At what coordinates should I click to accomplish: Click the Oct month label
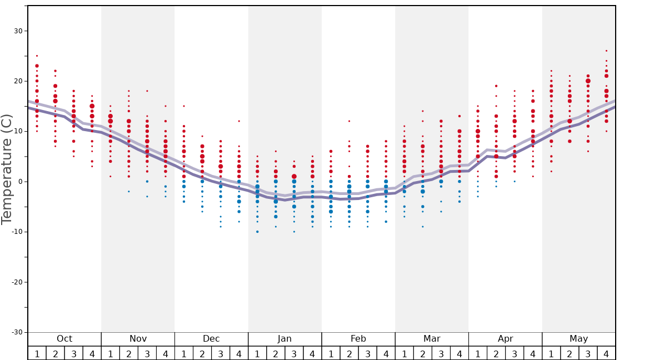(x=64, y=339)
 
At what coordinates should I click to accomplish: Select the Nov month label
(x=138, y=339)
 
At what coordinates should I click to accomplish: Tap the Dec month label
(x=211, y=339)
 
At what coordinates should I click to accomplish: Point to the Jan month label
(x=284, y=339)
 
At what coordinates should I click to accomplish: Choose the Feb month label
(x=358, y=339)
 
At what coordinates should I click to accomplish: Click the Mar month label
(x=432, y=339)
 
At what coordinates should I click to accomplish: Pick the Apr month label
(x=505, y=339)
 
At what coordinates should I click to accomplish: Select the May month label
(x=578, y=339)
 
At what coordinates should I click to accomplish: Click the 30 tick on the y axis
(x=18, y=31)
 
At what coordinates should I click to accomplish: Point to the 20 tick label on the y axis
(x=18, y=81)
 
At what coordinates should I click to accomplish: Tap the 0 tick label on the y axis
(x=21, y=182)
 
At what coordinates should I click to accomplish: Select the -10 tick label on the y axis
(x=17, y=232)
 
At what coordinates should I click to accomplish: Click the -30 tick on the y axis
(x=17, y=332)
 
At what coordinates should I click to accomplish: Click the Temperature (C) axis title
(x=7, y=169)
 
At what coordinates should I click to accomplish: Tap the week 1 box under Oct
(x=37, y=353)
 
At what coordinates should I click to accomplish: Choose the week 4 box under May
(x=606, y=353)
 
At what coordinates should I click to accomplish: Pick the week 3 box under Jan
(x=294, y=353)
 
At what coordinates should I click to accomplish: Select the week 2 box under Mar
(x=423, y=353)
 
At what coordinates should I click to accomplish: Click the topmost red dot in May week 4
(x=606, y=51)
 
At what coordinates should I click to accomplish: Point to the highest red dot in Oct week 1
(x=37, y=56)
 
